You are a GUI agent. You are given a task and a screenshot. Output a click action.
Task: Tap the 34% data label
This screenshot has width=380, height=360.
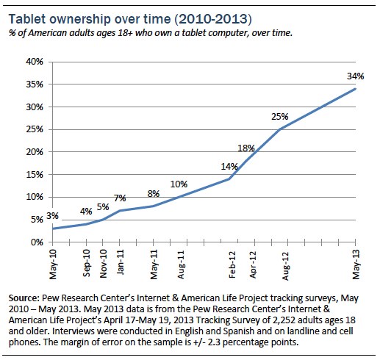tap(354, 75)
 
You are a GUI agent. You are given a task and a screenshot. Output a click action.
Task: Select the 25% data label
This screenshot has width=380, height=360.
tap(280, 116)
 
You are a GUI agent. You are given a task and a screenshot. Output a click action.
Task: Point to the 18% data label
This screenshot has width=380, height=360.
tap(246, 148)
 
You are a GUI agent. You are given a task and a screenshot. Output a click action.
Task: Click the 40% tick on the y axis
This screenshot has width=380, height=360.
tap(35, 61)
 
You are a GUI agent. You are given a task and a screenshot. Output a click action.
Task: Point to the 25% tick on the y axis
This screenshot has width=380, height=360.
tap(35, 129)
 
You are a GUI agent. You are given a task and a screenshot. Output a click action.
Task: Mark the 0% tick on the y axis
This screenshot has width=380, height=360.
tap(37, 242)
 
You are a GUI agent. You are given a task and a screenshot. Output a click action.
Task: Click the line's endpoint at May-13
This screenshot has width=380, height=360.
tap(356, 89)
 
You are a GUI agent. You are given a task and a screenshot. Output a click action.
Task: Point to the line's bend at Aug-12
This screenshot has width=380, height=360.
tap(280, 129)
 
